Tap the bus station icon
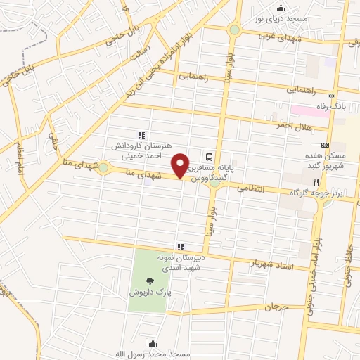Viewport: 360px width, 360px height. (x=209, y=156)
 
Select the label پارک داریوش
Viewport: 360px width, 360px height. (x=146, y=290)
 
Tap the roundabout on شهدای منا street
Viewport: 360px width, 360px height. (x=103, y=167)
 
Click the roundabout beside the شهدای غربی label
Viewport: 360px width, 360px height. (x=233, y=30)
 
